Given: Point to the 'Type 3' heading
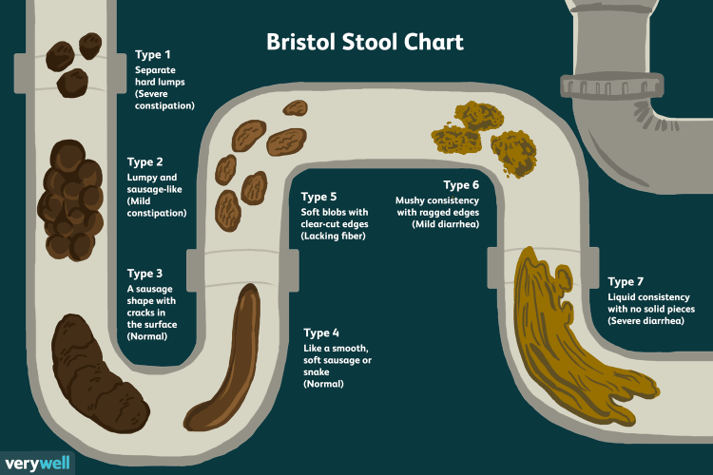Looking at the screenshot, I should pos(145,274).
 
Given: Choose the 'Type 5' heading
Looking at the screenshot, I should pos(320,197).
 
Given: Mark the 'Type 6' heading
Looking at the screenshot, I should pos(461,183).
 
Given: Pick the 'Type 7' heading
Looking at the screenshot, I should pos(627,282).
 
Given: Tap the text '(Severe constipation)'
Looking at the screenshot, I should pos(164,100).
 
